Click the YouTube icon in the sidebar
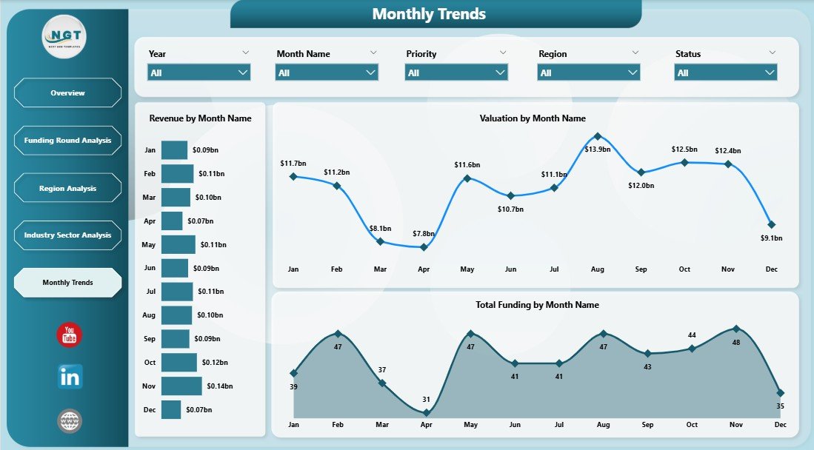pyautogui.click(x=70, y=335)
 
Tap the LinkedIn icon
pyautogui.click(x=70, y=377)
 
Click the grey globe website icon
pyautogui.click(x=70, y=421)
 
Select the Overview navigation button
pyautogui.click(x=67, y=93)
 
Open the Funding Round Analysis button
pyautogui.click(x=67, y=141)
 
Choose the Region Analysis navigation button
pyautogui.click(x=67, y=189)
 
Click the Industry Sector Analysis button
pyautogui.click(x=67, y=235)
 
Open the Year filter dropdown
pyautogui.click(x=199, y=73)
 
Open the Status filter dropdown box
pyautogui.click(x=725, y=73)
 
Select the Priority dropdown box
pyautogui.click(x=456, y=73)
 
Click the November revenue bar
pyautogui.click(x=181, y=386)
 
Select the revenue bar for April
pyautogui.click(x=172, y=221)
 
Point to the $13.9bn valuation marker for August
pyautogui.click(x=598, y=136)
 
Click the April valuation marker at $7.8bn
pyautogui.click(x=424, y=247)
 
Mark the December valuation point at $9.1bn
pyautogui.click(x=772, y=224)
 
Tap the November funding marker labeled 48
pyautogui.click(x=735, y=328)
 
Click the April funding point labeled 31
pyautogui.click(x=426, y=413)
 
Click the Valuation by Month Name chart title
pyautogui.click(x=532, y=118)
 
